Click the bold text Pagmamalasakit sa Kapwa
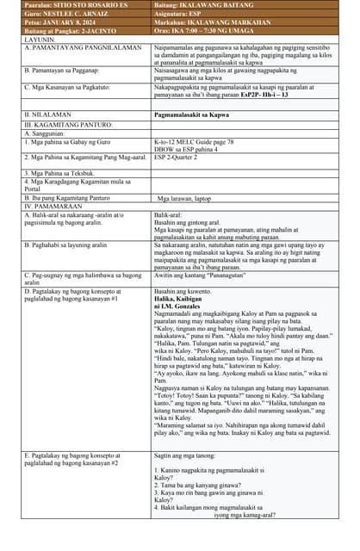pos(193,114)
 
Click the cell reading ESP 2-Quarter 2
pos(182,158)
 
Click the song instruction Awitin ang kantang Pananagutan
pos(205,275)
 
